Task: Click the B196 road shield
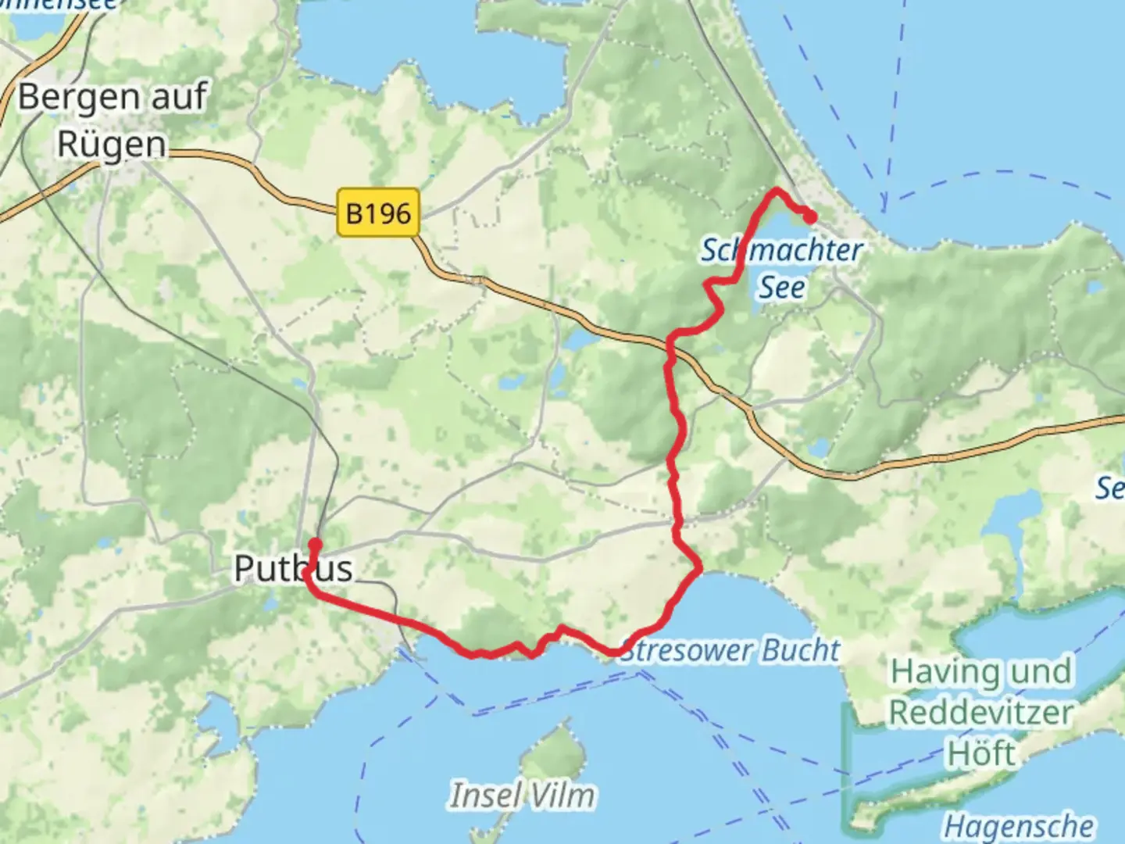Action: (378, 213)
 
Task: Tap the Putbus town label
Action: (293, 569)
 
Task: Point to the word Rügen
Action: (112, 145)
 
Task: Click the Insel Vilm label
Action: (522, 796)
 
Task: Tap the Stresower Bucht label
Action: (730, 650)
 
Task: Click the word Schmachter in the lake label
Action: (781, 251)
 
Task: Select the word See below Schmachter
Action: (782, 288)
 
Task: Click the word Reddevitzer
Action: (981, 713)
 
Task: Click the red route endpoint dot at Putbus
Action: (315, 544)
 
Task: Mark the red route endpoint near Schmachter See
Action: (810, 216)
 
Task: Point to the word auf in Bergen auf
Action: (178, 98)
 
